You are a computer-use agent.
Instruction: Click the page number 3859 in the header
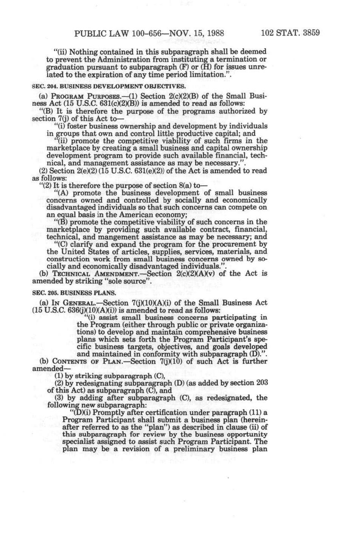pos(309,33)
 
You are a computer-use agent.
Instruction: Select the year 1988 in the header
pos(214,33)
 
